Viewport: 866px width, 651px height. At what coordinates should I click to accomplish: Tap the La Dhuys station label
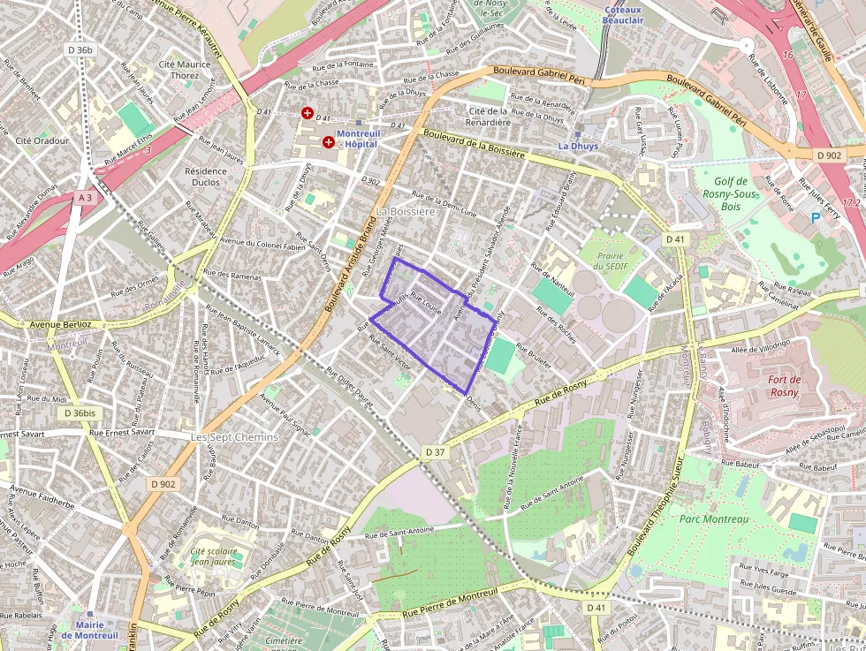(x=578, y=146)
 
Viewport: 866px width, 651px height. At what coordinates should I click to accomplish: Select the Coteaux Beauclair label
(x=623, y=14)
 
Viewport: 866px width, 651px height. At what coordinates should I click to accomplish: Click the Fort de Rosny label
(x=784, y=386)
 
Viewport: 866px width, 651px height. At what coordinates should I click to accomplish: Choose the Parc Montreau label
(x=714, y=519)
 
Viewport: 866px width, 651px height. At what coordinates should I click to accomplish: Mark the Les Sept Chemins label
(x=234, y=436)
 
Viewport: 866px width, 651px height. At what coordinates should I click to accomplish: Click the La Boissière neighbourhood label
(x=406, y=212)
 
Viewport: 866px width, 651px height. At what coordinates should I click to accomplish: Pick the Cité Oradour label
(x=42, y=140)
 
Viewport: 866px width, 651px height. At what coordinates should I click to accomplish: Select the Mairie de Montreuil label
(x=90, y=630)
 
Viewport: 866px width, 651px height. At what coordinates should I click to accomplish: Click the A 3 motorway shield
(x=85, y=199)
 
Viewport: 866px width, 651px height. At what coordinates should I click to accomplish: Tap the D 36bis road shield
(x=80, y=413)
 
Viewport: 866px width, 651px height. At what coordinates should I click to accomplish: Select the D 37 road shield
(x=435, y=452)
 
